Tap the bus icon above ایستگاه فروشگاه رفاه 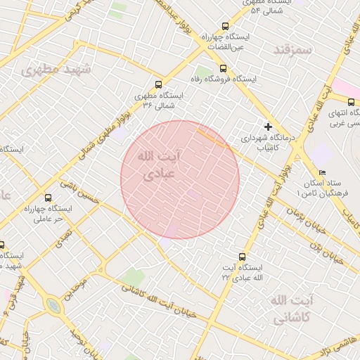coord(224,68)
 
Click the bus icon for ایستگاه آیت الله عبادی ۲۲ coord(243,257)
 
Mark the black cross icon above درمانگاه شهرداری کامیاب coord(267,127)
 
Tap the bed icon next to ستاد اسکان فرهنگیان coord(322,172)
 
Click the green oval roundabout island coord(53,306)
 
